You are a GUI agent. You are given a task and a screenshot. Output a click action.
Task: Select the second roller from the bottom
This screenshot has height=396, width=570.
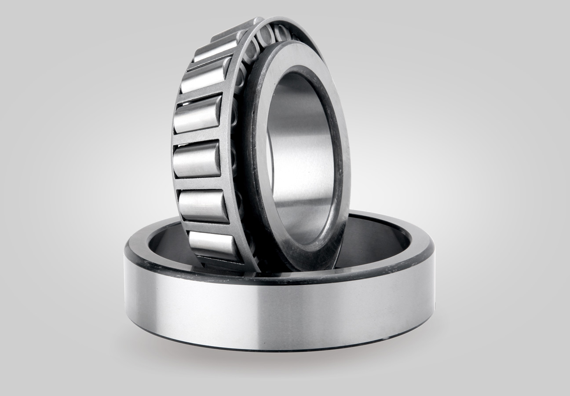pos(203,205)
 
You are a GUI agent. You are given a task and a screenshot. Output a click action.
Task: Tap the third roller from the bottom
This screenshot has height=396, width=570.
pos(197,159)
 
